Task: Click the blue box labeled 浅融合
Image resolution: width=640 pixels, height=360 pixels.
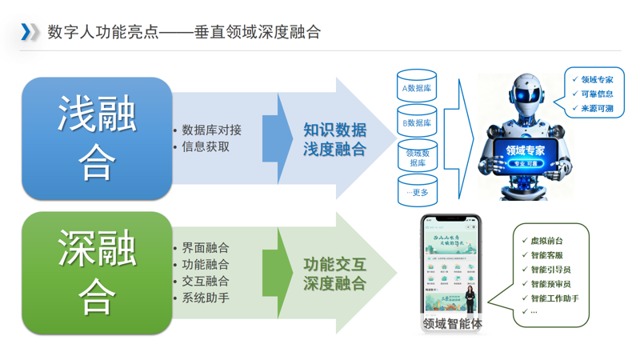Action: (97, 138)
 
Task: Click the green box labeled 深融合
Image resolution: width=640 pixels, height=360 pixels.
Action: (97, 273)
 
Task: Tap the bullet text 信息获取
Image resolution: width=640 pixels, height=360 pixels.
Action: (206, 146)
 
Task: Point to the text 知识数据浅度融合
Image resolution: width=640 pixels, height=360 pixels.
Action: (334, 138)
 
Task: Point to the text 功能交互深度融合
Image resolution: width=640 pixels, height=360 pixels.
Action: (334, 273)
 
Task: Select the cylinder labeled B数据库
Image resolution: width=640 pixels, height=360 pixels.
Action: (417, 123)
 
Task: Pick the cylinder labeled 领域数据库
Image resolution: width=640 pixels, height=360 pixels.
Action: (417, 157)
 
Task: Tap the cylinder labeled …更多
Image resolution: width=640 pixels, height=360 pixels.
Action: (417, 192)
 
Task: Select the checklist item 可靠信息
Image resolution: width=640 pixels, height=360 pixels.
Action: (597, 94)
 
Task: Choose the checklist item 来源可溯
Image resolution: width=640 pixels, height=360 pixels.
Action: (597, 108)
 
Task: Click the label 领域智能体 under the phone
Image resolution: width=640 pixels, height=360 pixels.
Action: (452, 325)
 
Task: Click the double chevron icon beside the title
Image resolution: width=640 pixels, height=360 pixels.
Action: (29, 31)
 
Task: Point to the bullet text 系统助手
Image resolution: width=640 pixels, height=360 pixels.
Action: (206, 298)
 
